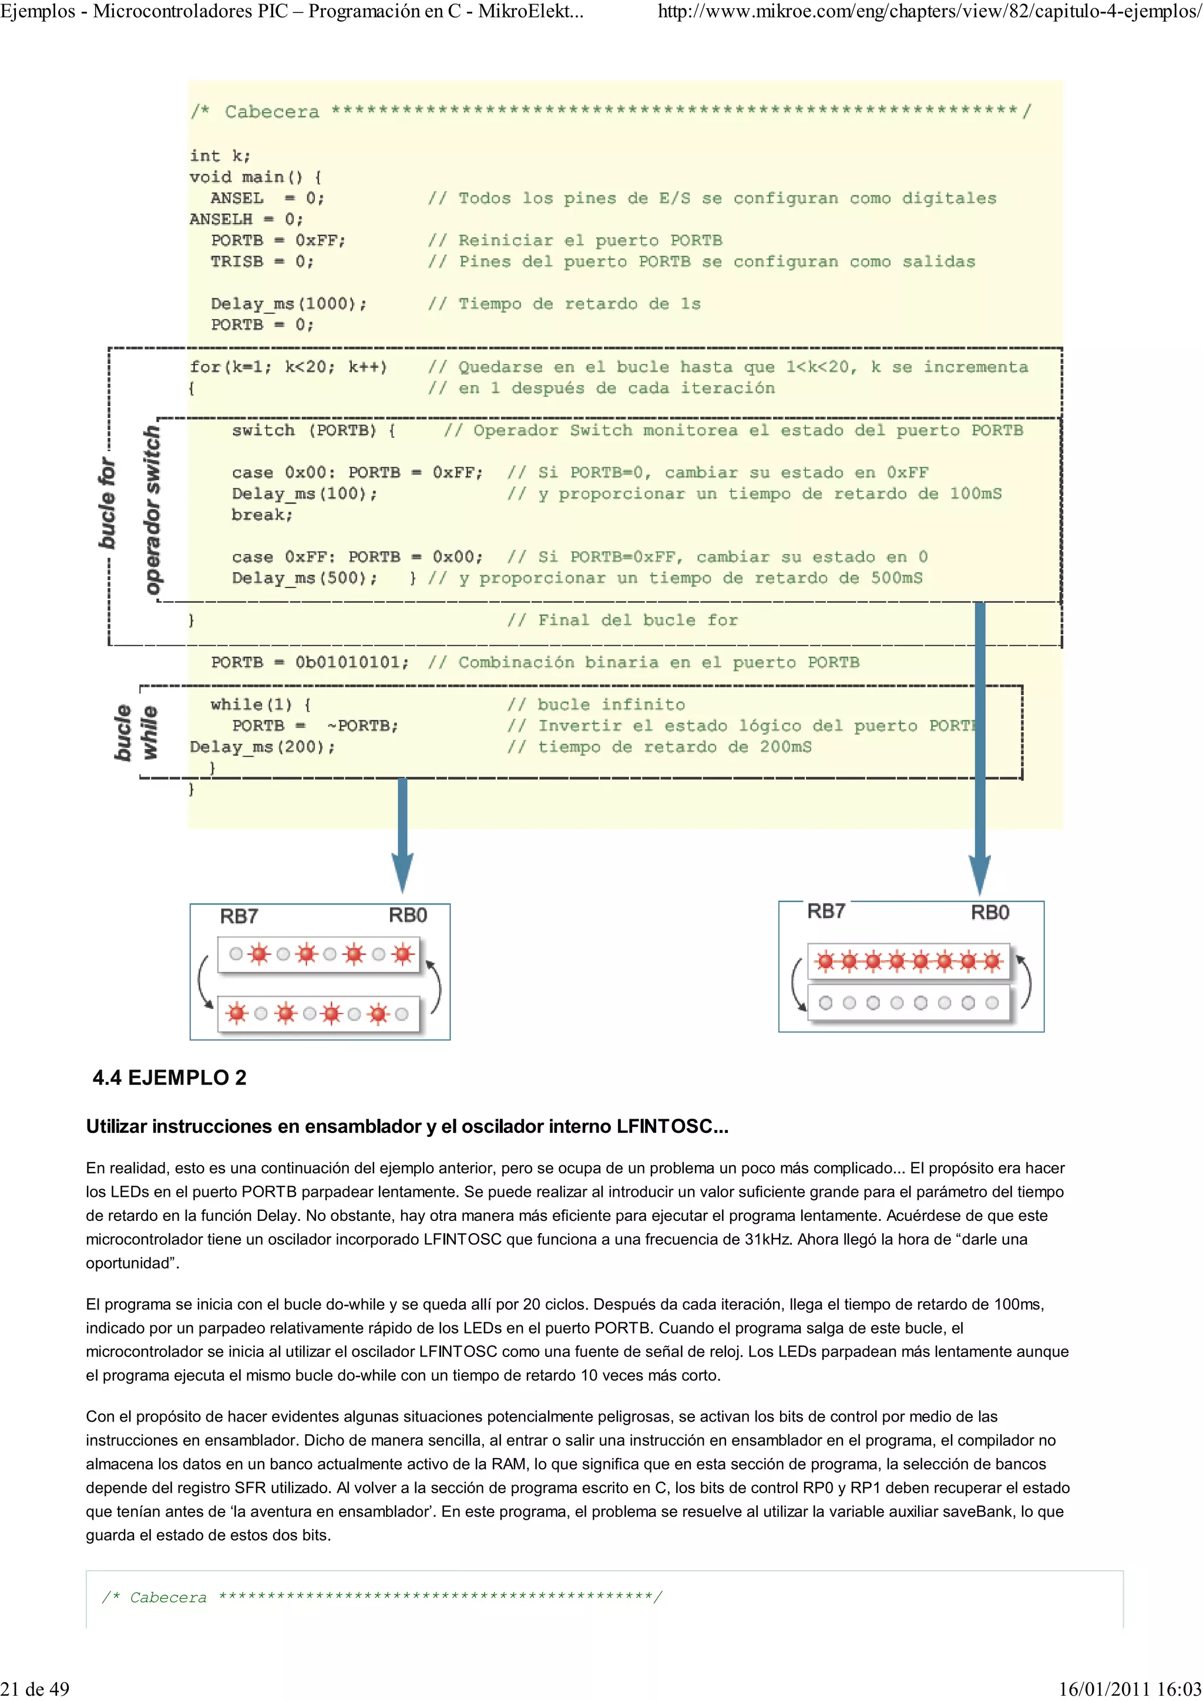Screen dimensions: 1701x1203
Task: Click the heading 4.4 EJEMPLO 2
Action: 169,1077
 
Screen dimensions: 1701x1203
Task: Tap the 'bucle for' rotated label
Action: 107,503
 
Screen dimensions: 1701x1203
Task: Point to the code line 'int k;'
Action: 220,156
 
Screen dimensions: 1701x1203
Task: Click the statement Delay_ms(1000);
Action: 288,304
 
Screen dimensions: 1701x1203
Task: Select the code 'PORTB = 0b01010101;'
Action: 309,662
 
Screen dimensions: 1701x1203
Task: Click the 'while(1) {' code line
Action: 260,704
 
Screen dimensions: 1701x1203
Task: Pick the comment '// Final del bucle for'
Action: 622,620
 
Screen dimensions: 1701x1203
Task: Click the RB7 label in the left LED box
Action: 238,916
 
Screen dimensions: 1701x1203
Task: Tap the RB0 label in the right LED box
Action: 990,913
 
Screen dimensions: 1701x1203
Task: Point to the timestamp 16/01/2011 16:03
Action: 1130,1689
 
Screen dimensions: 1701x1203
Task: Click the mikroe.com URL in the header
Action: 929,12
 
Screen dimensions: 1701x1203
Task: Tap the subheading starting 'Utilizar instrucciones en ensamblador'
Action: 407,1127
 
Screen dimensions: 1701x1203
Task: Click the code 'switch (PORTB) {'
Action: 314,430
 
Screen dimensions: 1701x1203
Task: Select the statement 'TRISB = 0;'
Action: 261,262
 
